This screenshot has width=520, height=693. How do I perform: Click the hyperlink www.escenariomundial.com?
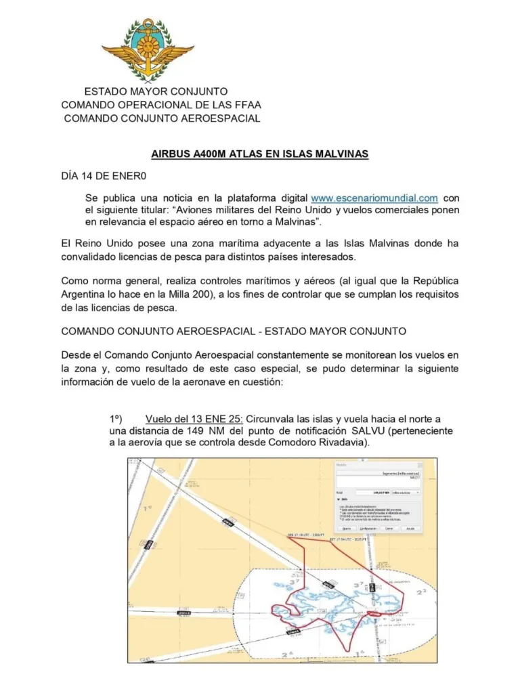(x=374, y=198)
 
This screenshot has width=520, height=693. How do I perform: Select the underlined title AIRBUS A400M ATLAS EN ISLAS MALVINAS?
(x=260, y=154)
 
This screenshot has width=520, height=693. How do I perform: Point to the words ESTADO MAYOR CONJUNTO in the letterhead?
(x=156, y=91)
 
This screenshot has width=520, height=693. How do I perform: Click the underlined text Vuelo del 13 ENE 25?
(x=194, y=418)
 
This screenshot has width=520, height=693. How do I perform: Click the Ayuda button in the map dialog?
(x=410, y=528)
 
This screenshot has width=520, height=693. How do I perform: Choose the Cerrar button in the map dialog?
(x=389, y=528)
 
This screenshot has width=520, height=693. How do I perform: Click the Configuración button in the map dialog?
(x=368, y=528)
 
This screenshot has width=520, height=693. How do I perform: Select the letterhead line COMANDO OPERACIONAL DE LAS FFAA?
(x=161, y=105)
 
